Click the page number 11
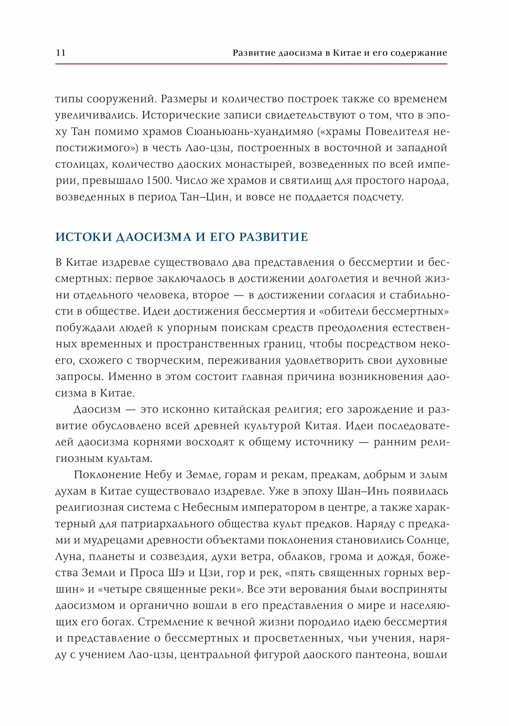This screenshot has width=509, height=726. [x=61, y=53]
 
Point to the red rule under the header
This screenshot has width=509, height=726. [x=251, y=64]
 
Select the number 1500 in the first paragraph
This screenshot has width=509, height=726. [x=158, y=180]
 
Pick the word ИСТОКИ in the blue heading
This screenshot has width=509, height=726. [x=84, y=237]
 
